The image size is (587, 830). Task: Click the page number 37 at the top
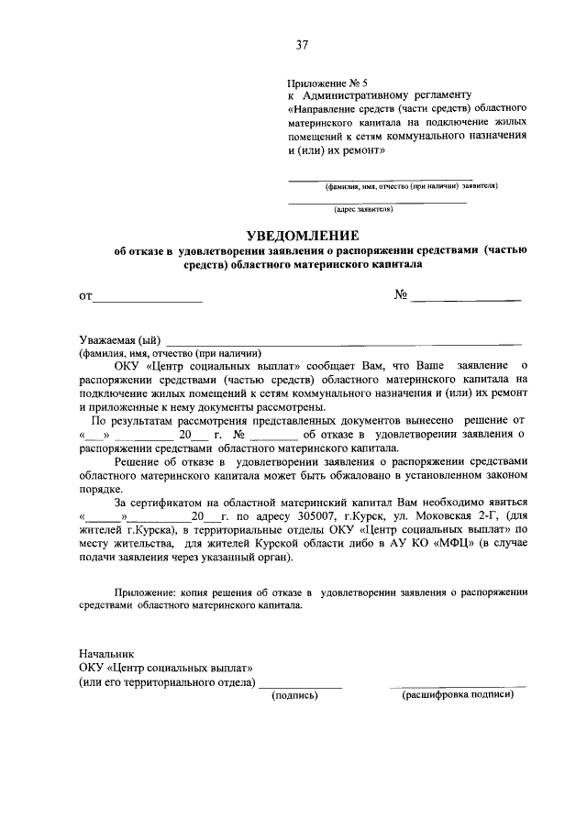click(301, 44)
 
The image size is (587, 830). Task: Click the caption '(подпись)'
click(294, 695)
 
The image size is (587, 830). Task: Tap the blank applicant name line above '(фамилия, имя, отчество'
click(381, 178)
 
